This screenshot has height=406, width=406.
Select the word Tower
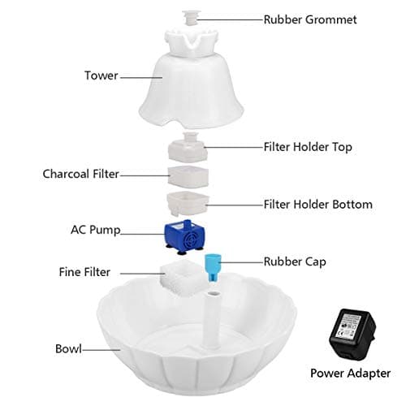point(101,76)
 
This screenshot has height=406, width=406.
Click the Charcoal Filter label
point(80,174)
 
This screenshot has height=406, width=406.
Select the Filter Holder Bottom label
point(317,205)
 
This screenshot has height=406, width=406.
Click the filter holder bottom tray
point(186,201)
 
